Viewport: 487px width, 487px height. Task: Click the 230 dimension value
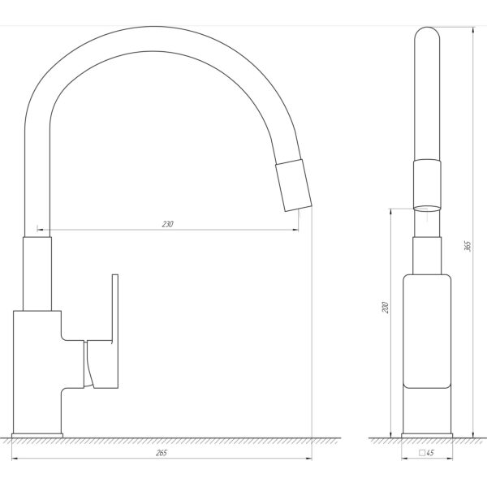click(168, 224)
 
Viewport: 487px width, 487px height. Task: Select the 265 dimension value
click(162, 453)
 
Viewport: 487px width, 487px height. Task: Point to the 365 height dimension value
click(468, 246)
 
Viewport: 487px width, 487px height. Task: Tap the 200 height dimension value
click(385, 307)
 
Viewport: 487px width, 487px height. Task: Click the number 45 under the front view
click(430, 453)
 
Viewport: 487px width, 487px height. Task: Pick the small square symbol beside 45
click(422, 453)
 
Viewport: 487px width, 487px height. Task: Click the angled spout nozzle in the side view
click(294, 185)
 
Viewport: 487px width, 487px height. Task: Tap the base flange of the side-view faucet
click(37, 435)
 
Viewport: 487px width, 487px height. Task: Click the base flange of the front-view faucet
click(427, 435)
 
